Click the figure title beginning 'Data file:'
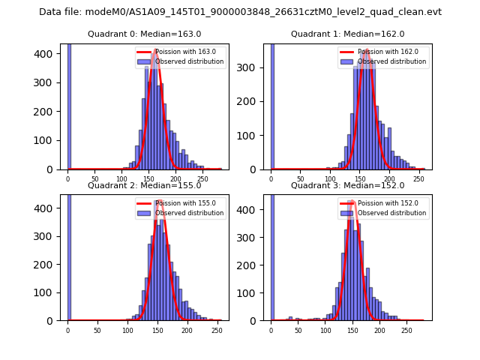(x=240, y=12)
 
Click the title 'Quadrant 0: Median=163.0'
(x=144, y=34)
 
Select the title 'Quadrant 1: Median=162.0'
(x=347, y=34)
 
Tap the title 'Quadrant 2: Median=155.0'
(x=144, y=185)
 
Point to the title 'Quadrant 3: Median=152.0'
(x=347, y=185)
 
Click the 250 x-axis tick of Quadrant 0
(x=203, y=179)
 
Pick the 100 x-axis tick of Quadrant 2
(x=127, y=330)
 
